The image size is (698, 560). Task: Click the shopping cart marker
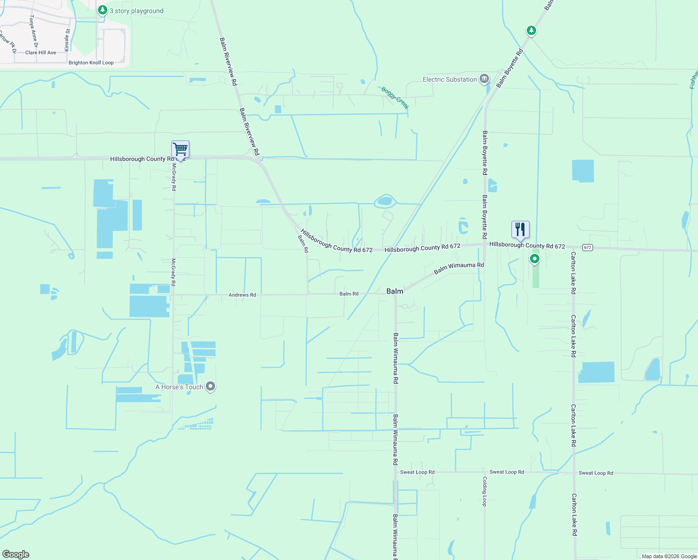click(180, 150)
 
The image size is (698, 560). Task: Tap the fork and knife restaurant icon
click(520, 230)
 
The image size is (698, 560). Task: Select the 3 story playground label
click(136, 11)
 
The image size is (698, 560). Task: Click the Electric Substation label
click(449, 80)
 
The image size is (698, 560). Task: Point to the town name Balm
click(395, 291)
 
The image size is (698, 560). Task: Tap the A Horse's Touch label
click(179, 387)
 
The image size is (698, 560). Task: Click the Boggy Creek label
click(395, 98)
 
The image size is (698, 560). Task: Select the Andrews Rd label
click(242, 295)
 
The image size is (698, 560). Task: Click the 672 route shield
click(587, 247)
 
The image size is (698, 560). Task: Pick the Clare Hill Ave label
click(41, 53)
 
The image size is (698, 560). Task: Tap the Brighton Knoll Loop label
click(91, 63)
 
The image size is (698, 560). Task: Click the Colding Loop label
click(485, 491)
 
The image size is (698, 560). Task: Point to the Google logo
click(16, 554)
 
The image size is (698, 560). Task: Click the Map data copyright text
click(669, 556)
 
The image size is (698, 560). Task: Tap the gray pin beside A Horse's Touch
click(210, 386)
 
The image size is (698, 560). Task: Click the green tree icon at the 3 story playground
click(103, 9)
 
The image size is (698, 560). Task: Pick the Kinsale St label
click(67, 40)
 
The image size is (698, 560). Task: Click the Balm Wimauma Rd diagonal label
click(459, 268)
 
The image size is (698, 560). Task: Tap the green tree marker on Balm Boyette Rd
click(531, 30)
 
